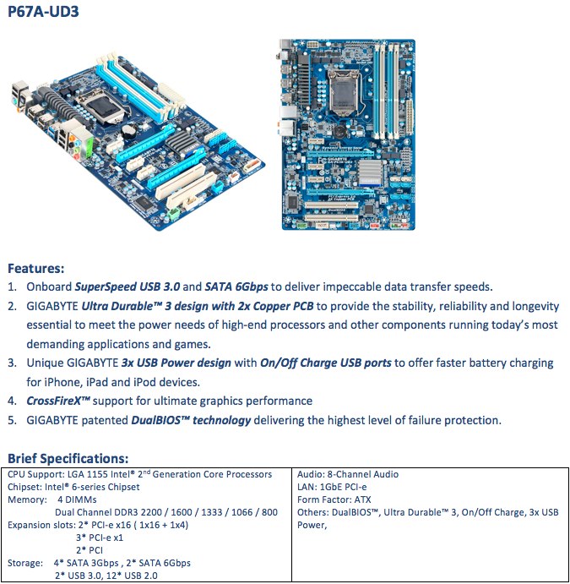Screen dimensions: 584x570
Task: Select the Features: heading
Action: coord(36,269)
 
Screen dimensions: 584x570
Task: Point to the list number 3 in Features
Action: coord(13,363)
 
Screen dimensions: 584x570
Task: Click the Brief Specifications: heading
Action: coord(68,459)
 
